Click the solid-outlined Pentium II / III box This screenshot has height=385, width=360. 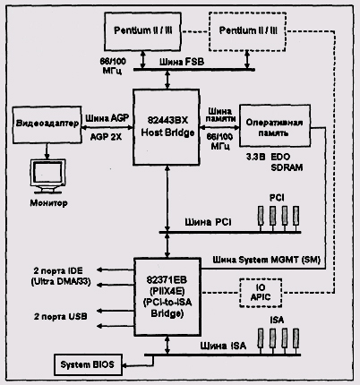point(142,31)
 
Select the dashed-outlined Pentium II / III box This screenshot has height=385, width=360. point(247,31)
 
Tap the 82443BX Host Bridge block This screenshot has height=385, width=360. point(167,126)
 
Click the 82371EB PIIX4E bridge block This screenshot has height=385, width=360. point(167,296)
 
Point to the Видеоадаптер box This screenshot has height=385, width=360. point(47,124)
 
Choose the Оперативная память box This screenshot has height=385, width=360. point(275,125)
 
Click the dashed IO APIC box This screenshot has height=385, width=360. point(261,293)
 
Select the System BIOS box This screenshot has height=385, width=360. point(88,364)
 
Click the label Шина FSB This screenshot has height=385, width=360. point(182,62)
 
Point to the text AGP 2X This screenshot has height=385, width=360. point(106,137)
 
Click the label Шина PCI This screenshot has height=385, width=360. point(208,222)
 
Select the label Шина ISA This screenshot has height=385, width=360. point(223,346)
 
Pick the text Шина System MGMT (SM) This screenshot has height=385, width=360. point(267,260)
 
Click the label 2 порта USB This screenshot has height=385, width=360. point(61,316)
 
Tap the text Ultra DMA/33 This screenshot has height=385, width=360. point(61,281)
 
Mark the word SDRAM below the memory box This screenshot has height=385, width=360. point(287,167)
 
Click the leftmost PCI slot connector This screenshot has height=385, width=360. point(261,216)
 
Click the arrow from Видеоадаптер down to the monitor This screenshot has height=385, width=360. point(47,151)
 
